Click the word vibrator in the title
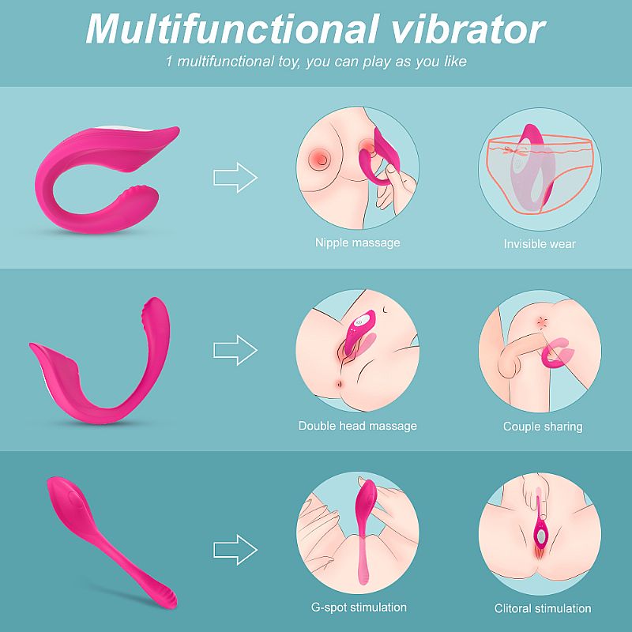(x=468, y=29)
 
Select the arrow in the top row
(x=235, y=177)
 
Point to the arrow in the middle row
(x=235, y=350)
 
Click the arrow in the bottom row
(x=235, y=550)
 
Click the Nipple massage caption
(x=358, y=243)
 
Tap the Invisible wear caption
(x=540, y=244)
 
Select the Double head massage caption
(x=358, y=426)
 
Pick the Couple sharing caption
(x=543, y=427)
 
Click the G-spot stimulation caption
(x=359, y=607)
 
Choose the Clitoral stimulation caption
(x=543, y=608)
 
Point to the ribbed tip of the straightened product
(x=167, y=597)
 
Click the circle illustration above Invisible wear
(x=540, y=169)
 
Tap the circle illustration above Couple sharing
(x=540, y=351)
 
